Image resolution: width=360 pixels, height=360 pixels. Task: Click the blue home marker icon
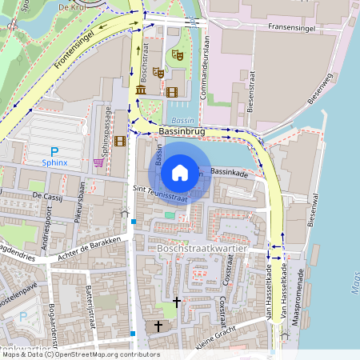pyautogui.click(x=180, y=172)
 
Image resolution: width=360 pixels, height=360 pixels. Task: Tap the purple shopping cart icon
pyautogui.click(x=98, y=162)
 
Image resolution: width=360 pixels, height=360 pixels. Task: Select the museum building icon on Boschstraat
pyautogui.click(x=141, y=90)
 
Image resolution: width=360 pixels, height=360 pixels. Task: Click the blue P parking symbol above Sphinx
pyautogui.click(x=54, y=151)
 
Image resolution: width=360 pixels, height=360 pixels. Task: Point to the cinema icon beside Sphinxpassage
pyautogui.click(x=120, y=142)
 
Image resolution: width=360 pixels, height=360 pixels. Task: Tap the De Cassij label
pyautogui.click(x=47, y=194)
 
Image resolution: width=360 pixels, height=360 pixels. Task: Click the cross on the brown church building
pyautogui.click(x=158, y=326)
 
